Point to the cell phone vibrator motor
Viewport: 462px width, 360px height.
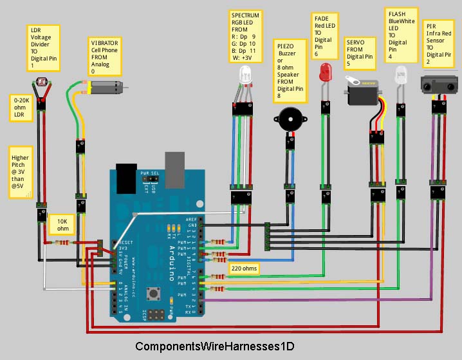(x=106, y=87)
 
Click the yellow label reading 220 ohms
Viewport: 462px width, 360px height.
(x=244, y=267)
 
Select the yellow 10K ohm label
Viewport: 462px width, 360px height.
(x=62, y=225)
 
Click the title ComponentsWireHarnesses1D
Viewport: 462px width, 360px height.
(x=216, y=346)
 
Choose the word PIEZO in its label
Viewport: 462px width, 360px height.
(x=286, y=47)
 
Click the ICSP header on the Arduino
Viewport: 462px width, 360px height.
(x=156, y=316)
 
